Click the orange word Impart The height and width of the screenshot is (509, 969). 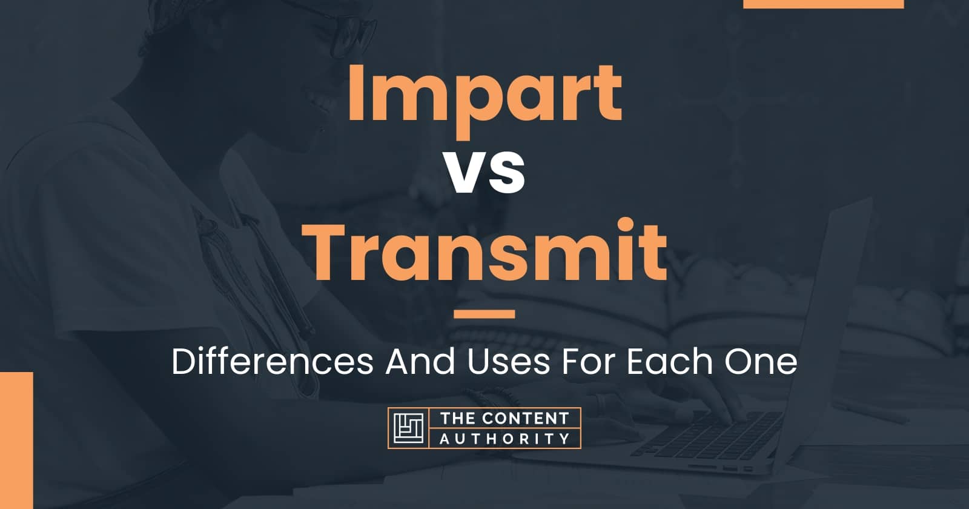coord(485,99)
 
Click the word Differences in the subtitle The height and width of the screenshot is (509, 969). coord(273,362)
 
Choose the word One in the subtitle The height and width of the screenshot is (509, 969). coord(761,362)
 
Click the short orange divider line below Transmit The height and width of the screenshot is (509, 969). coord(484,314)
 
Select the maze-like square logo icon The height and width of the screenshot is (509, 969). coord(408,428)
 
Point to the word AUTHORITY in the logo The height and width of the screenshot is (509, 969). coord(505,439)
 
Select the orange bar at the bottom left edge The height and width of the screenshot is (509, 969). coord(16,440)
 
